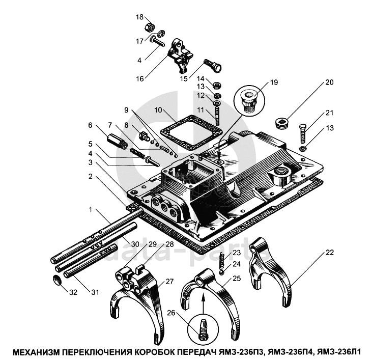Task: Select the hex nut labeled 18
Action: (x=151, y=26)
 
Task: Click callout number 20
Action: (x=330, y=82)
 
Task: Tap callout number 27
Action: (x=169, y=281)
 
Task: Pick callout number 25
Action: (x=237, y=278)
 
